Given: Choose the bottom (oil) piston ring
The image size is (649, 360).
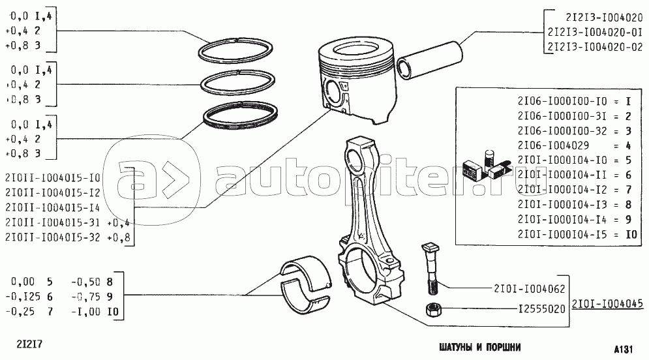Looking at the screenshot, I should click(238, 118).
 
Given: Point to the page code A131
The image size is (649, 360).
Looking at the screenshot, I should click(626, 346).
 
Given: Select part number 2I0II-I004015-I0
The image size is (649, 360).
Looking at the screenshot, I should click(53, 177).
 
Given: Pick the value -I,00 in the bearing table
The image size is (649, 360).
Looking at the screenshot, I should click(85, 311).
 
